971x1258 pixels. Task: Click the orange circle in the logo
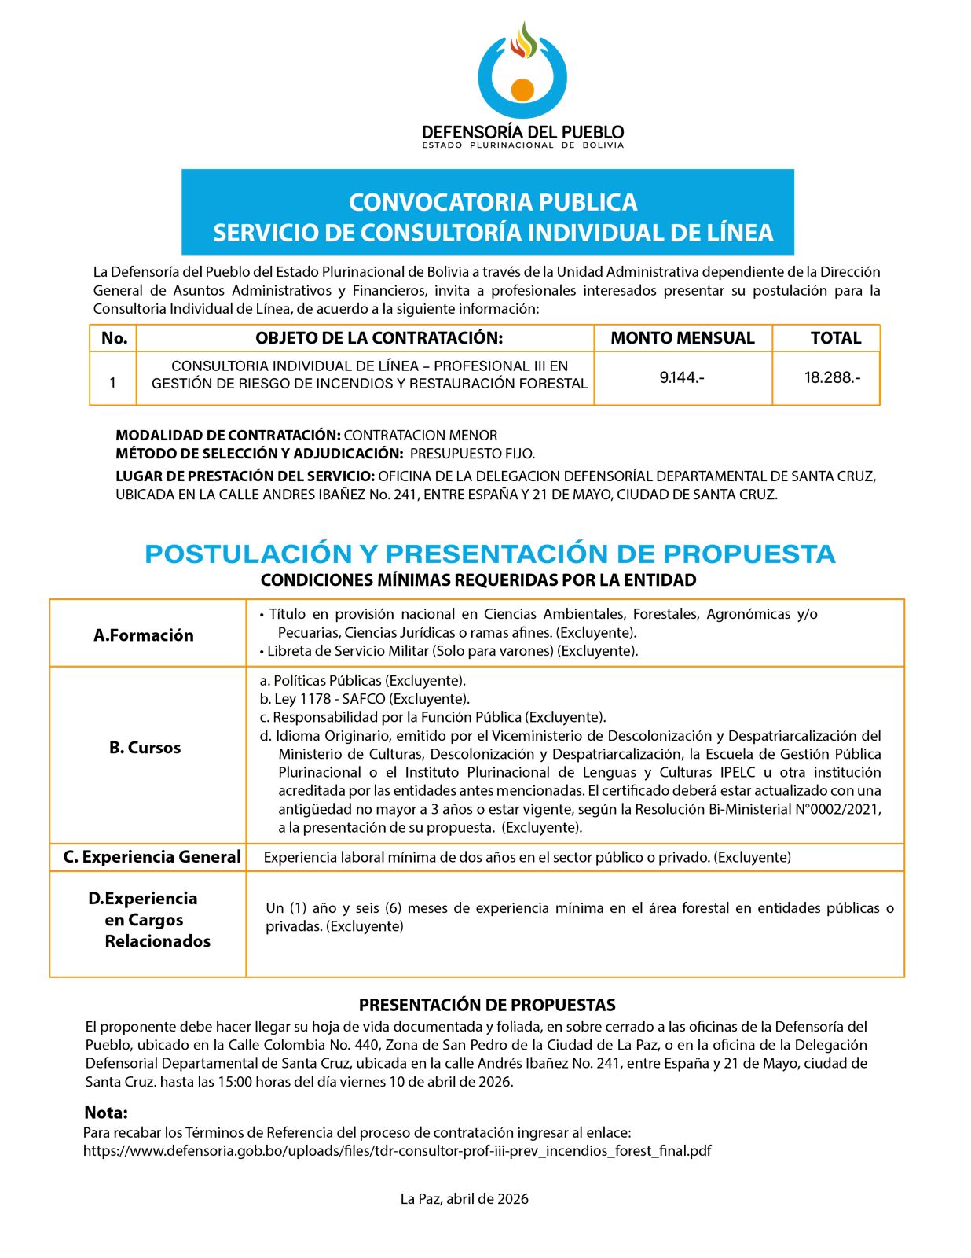coord(522,89)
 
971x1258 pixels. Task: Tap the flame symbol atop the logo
coord(523,41)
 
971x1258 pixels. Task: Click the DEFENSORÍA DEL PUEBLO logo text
coord(522,132)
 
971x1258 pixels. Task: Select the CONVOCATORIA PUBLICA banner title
coord(493,202)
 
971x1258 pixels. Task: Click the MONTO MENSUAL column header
coord(682,338)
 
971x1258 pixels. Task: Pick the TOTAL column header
coord(835,338)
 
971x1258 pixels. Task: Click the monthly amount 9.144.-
coord(682,377)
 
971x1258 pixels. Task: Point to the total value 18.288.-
coord(832,377)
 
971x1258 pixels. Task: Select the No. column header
coord(114,338)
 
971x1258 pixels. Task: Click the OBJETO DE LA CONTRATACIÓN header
coord(379,338)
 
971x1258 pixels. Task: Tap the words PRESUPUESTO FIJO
coord(472,454)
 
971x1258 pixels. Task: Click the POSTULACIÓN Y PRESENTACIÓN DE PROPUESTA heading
coord(489,554)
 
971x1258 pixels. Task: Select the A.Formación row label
coord(144,635)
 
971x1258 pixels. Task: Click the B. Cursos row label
coord(145,748)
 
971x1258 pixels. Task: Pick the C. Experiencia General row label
coord(152,857)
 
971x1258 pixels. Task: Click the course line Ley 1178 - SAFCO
coord(365,699)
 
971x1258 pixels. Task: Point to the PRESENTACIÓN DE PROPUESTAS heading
coord(487,1005)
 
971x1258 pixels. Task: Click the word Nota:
coord(106,1113)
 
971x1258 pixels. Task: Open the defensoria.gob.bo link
coord(397,1151)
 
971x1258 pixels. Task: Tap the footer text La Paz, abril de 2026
coord(464,1199)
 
